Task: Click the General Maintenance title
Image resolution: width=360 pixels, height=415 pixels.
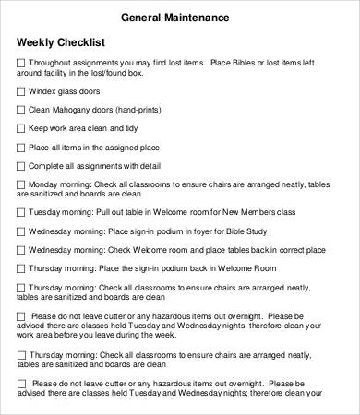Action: point(180,18)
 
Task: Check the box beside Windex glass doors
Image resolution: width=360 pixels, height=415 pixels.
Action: point(21,92)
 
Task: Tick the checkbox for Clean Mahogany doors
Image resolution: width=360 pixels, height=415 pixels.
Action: point(21,111)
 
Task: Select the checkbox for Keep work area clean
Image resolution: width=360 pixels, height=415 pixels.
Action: point(21,129)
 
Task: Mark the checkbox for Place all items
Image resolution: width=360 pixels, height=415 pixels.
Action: point(21,148)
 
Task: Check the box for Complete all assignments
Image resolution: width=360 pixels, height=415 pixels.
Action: point(21,166)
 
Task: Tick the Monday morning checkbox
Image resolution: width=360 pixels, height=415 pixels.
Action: point(21,184)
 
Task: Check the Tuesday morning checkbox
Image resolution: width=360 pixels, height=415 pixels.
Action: point(21,212)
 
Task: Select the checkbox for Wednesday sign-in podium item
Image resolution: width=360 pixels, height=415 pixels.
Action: point(21,231)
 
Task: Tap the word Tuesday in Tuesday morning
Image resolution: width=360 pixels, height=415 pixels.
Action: point(46,212)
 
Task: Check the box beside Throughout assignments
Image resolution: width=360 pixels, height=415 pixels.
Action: point(21,62)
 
